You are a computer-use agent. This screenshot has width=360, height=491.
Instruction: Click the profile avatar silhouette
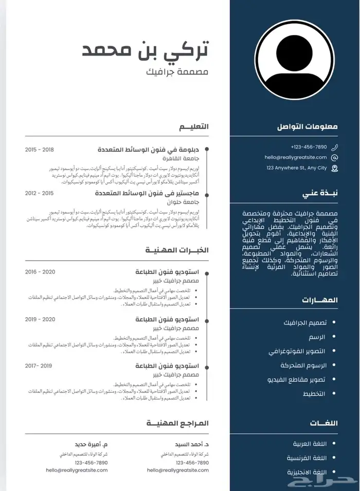click(294, 60)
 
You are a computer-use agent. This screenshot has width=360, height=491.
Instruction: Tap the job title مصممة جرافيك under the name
click(177, 71)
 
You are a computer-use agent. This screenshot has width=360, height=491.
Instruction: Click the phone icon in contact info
click(335, 147)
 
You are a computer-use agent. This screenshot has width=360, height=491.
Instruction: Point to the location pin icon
click(335, 168)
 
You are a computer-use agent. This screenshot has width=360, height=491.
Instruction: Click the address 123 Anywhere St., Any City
click(296, 168)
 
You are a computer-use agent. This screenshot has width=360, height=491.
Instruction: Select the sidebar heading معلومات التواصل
click(308, 126)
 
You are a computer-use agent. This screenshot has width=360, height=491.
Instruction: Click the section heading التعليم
click(194, 126)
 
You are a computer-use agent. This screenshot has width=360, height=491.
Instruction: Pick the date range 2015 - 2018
click(40, 150)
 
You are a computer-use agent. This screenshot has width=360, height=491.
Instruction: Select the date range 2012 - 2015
click(40, 193)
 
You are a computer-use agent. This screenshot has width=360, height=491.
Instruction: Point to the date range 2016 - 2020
click(40, 271)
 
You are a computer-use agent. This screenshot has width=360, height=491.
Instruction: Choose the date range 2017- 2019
click(39, 366)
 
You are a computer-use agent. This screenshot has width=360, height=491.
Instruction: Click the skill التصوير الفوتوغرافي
click(297, 351)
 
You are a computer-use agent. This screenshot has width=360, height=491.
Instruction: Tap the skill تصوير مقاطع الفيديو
click(296, 379)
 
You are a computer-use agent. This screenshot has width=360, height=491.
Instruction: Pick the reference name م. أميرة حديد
click(91, 443)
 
